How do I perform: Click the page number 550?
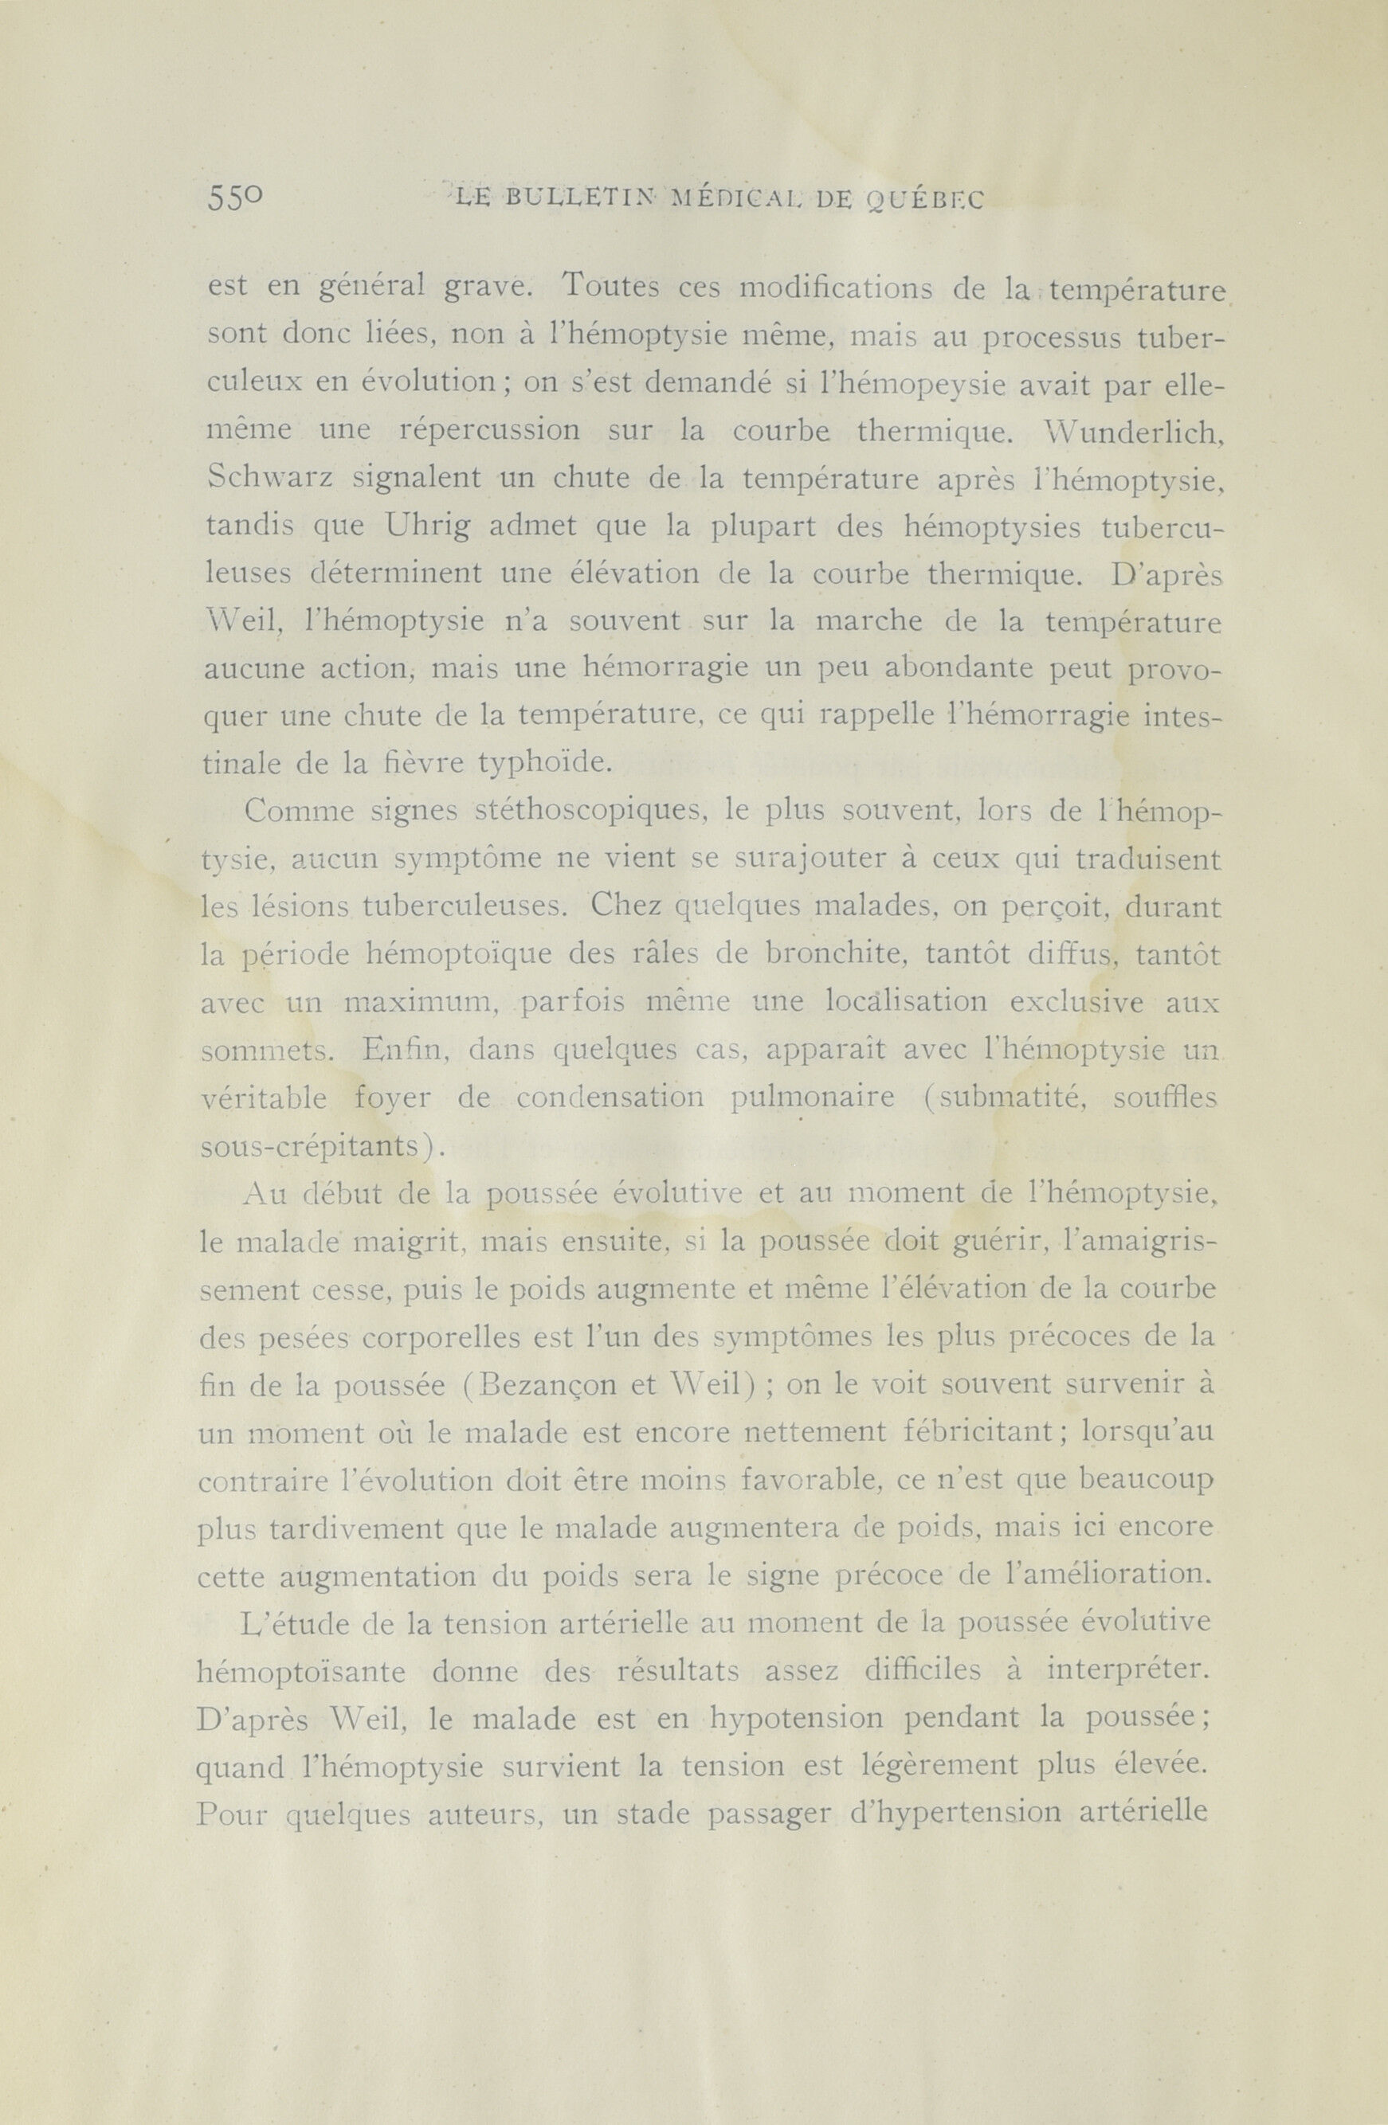pyautogui.click(x=235, y=198)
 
